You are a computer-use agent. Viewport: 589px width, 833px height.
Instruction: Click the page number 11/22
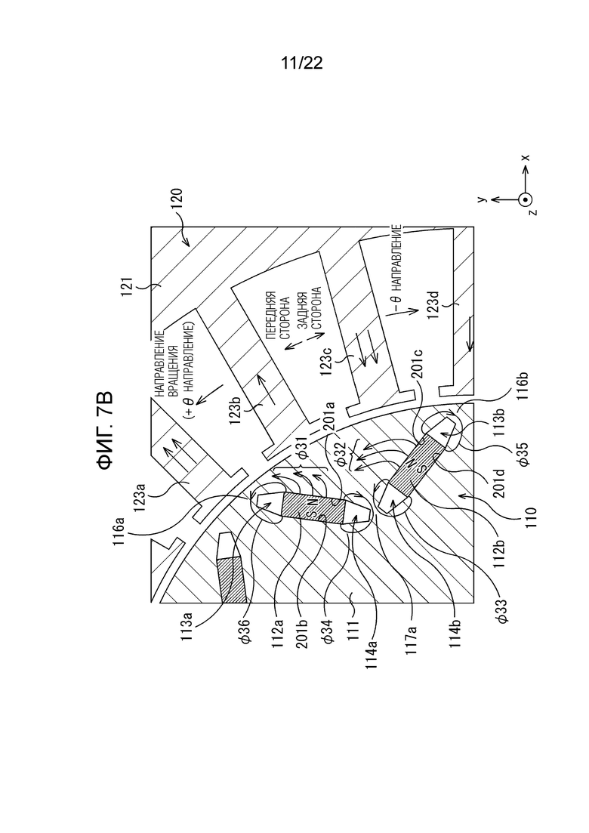pos(301,64)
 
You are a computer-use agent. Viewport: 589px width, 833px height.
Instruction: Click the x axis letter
pos(526,158)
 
